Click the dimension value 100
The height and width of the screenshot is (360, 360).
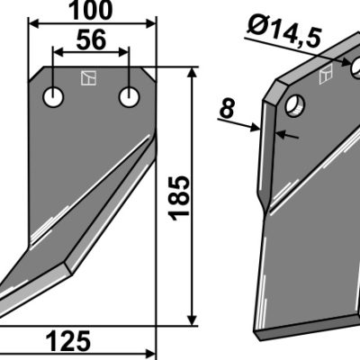coord(91,11)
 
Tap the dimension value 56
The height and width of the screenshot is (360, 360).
coord(91,40)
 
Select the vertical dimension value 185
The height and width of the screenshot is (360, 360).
coord(179,198)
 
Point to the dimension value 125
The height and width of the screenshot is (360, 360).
coord(68,342)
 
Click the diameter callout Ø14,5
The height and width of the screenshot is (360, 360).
coord(284,33)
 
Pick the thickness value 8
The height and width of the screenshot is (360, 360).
coord(227,109)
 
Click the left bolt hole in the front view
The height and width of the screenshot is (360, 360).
coord(53,97)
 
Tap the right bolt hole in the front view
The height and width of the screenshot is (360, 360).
coord(130,97)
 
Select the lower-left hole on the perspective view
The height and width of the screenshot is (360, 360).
coord(295,105)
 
